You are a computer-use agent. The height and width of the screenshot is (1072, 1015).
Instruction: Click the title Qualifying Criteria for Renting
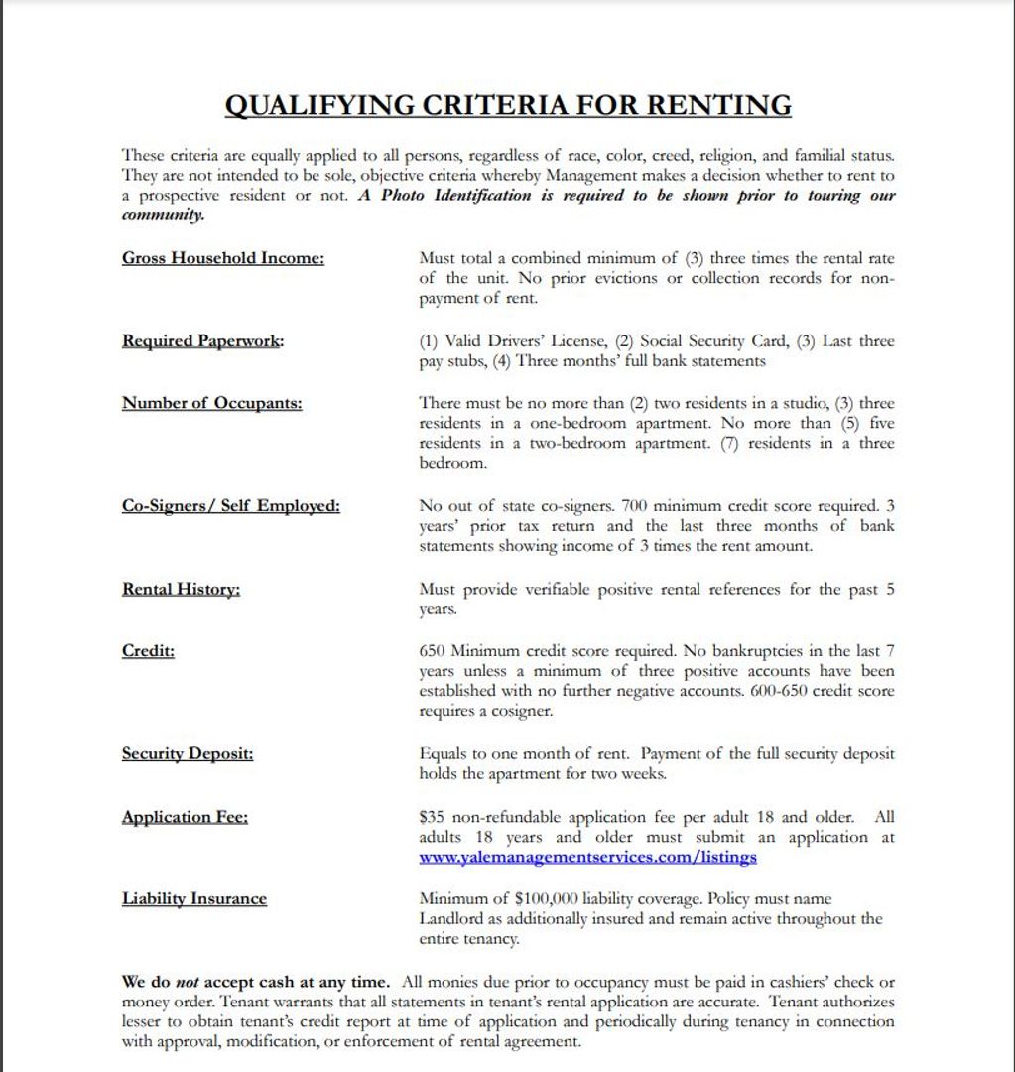coord(508,105)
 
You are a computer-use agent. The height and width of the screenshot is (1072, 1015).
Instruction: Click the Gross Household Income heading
coord(223,258)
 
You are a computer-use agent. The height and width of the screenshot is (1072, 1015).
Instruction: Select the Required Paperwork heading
coord(202,341)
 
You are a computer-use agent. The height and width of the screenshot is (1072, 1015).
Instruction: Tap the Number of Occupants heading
coord(211,403)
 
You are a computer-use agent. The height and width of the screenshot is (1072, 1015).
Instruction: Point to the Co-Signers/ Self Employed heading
coord(230,506)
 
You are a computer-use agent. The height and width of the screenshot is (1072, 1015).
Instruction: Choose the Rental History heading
coord(182,590)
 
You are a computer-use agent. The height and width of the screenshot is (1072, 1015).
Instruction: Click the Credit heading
coord(148,651)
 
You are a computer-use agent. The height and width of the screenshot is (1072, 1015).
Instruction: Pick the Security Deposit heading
coord(188,754)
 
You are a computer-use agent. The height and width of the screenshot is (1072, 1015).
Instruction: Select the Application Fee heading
coord(185,818)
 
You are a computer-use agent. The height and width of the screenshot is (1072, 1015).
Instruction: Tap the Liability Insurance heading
coord(194,899)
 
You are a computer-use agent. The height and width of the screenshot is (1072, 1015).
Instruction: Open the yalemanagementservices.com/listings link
coord(587,857)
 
